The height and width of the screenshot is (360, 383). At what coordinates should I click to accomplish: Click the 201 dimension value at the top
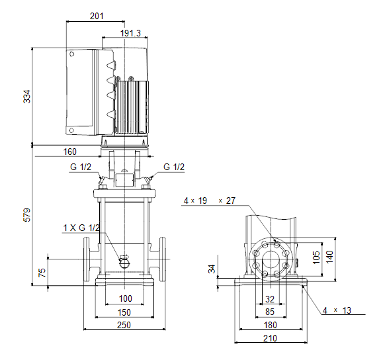(x=97, y=16)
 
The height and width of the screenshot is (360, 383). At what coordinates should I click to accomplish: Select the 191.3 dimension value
(x=130, y=33)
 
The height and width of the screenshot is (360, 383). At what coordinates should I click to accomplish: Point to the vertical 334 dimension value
(x=27, y=97)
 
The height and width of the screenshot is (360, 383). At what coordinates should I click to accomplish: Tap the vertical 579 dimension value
(x=27, y=215)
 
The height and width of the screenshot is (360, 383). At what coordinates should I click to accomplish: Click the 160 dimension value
(x=70, y=152)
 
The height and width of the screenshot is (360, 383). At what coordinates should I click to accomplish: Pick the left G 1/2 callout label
(x=80, y=167)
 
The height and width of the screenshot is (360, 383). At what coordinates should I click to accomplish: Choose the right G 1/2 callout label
(x=174, y=167)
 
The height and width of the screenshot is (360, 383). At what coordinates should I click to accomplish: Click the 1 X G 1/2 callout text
(x=81, y=228)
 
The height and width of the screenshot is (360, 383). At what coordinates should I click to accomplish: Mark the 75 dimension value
(x=42, y=273)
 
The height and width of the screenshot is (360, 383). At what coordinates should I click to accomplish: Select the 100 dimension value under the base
(x=125, y=298)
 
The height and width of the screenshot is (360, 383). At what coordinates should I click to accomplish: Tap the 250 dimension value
(x=124, y=325)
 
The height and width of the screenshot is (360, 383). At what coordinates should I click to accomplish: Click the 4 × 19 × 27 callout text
(x=210, y=201)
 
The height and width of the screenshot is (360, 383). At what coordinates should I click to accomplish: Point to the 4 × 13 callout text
(x=337, y=310)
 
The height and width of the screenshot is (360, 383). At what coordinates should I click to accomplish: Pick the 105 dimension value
(x=316, y=257)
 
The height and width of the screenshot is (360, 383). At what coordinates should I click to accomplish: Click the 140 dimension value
(x=329, y=257)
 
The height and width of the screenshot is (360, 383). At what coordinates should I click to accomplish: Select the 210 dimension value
(x=270, y=339)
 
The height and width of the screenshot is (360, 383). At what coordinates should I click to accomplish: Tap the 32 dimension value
(x=270, y=299)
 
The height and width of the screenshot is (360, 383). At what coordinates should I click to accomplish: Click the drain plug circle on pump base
(x=124, y=263)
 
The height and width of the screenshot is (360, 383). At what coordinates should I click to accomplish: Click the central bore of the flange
(x=271, y=259)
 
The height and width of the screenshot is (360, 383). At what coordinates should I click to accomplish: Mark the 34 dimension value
(x=212, y=269)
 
